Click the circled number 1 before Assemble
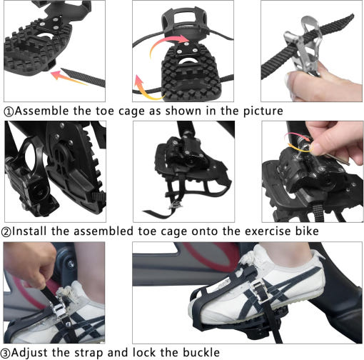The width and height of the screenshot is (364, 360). [9, 112]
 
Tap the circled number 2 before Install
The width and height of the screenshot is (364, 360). [6, 232]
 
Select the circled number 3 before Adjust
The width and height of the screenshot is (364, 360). [5, 353]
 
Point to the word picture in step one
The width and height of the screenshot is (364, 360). [263, 111]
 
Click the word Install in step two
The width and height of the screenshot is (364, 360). [29, 231]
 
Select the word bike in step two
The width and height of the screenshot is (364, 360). [307, 231]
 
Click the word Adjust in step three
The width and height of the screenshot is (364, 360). [29, 353]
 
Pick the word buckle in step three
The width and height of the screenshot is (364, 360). [201, 352]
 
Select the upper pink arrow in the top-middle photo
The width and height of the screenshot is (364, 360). [170, 44]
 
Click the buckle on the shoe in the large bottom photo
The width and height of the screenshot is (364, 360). [261, 292]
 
